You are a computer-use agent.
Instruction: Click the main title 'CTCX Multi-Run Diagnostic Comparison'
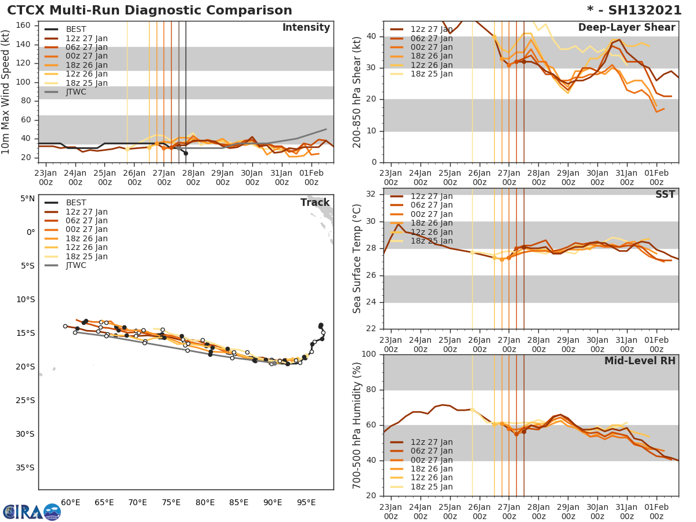150,10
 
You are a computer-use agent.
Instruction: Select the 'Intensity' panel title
306,28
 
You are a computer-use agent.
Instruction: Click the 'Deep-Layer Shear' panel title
626,28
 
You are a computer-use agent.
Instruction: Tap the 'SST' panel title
665,194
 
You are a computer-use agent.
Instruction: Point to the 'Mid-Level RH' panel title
640,361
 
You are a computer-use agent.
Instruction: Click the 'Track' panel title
315,202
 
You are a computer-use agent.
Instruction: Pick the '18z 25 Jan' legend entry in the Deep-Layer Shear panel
432,74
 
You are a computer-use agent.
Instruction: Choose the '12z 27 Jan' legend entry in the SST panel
432,196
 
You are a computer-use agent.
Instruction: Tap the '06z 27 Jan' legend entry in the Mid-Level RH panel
432,451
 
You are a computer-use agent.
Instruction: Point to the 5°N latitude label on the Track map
27,198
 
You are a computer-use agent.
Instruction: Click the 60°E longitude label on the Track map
70,502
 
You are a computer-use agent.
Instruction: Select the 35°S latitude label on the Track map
25,467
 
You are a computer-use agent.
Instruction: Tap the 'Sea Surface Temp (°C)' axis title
357,259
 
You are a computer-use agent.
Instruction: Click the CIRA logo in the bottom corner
32,512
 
